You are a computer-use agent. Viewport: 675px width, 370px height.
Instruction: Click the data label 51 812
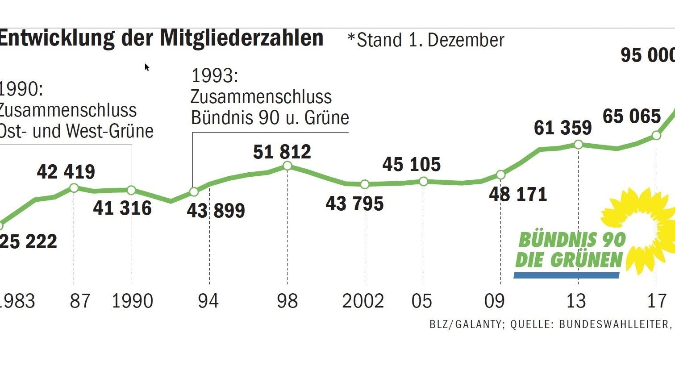coord(282,152)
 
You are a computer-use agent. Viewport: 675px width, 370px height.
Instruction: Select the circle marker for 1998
coord(287,166)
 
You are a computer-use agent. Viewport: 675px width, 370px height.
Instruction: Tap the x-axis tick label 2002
coord(363,301)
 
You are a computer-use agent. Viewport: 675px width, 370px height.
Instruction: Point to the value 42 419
coord(66,172)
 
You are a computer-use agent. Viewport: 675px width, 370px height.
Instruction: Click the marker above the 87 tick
coord(74,188)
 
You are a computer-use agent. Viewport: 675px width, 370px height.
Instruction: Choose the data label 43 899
coord(216,210)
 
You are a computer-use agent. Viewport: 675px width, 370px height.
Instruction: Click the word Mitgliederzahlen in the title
coord(242,38)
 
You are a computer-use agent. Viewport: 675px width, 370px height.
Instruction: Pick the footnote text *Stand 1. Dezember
coord(425,40)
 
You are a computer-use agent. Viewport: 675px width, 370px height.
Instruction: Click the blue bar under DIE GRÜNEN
coord(567,275)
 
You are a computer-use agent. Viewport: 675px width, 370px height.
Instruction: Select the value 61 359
coord(562,128)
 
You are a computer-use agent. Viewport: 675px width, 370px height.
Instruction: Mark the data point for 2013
coord(578,145)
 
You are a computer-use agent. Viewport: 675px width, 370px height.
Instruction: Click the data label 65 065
coord(631,116)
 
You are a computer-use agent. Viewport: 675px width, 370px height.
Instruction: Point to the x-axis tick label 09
coord(494,301)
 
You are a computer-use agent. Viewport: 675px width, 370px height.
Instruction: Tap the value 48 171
coord(518,194)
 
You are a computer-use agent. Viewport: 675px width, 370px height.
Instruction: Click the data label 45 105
coord(411,164)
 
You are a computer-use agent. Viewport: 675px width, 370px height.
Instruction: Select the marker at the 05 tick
coord(424,181)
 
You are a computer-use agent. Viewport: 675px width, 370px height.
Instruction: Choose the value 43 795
coord(354,204)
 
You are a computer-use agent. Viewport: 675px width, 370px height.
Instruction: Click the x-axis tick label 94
coord(208,301)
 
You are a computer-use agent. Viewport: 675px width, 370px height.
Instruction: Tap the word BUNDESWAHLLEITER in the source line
coord(614,324)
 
